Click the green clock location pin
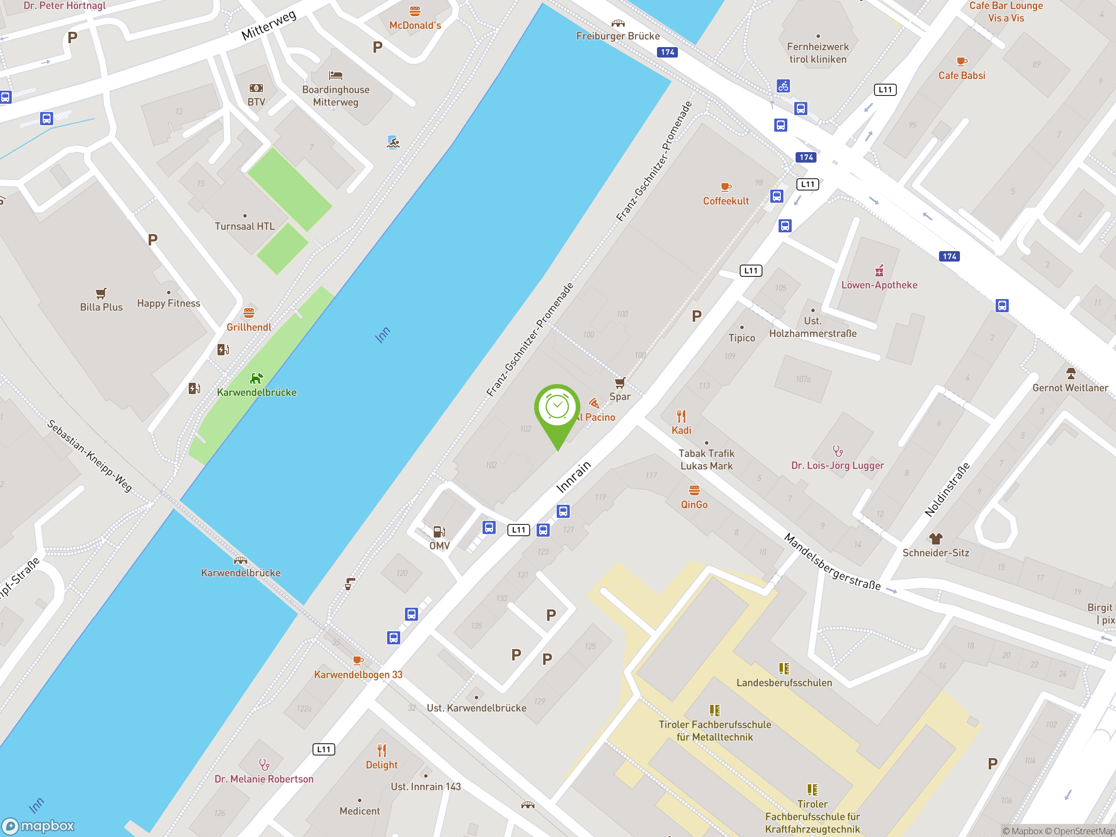tap(557, 408)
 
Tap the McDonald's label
tap(415, 26)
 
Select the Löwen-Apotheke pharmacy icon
tap(879, 271)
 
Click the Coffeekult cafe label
tap(725, 201)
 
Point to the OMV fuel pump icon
tap(439, 532)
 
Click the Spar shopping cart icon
tap(619, 383)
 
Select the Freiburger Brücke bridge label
tap(618, 36)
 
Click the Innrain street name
tap(573, 477)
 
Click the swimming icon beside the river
tap(393, 143)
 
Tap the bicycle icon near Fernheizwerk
tap(783, 86)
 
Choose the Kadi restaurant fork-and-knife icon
tap(681, 416)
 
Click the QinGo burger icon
tap(694, 490)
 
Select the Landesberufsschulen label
tap(783, 683)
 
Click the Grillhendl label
tap(249, 327)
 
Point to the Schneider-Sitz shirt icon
tap(936, 539)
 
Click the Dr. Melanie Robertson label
tap(264, 779)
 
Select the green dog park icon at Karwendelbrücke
tap(256, 378)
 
